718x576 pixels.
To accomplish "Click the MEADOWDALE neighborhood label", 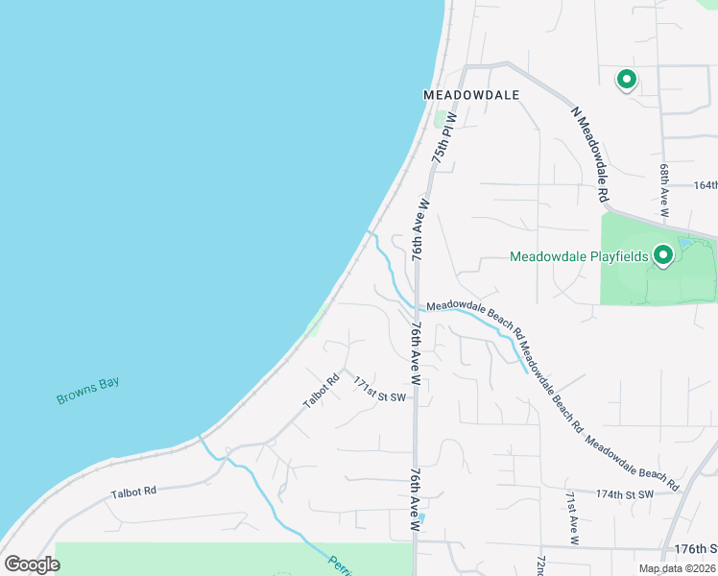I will point(471,95).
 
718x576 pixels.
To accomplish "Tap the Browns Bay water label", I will point(87,390).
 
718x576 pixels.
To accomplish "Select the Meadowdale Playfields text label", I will point(578,256).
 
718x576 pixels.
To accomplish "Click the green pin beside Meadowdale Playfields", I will point(662,255).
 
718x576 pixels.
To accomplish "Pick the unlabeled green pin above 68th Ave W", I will point(627,80).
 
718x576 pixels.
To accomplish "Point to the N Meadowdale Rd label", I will point(590,154).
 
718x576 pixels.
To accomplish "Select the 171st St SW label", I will point(380,389).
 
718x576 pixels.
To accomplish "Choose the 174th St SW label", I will point(624,493).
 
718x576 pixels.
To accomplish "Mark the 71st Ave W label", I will point(572,518).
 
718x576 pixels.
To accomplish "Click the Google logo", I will point(32,564).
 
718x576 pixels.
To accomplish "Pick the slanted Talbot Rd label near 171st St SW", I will point(322,391).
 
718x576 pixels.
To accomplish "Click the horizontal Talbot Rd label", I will point(133,492).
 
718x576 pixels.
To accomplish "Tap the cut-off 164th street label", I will point(705,184).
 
